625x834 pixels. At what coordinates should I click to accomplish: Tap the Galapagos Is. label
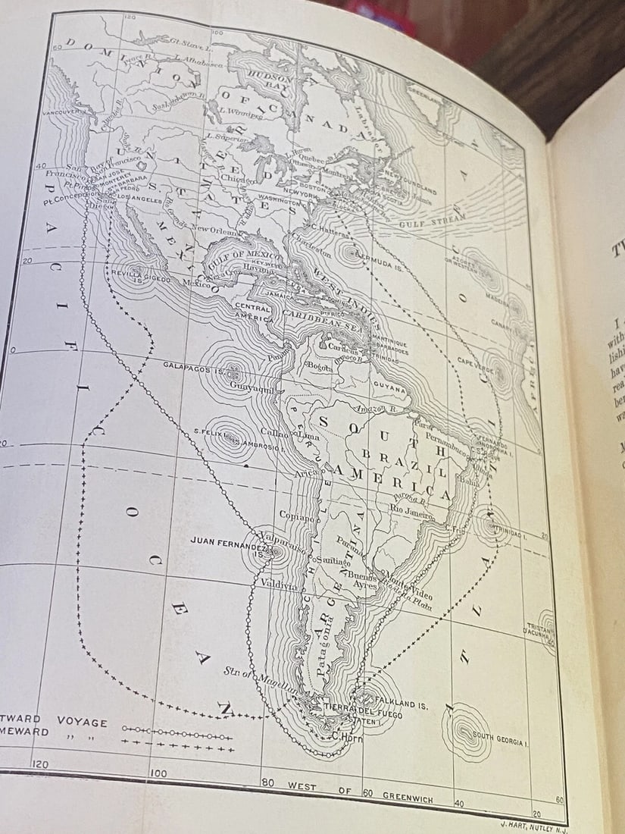tap(194, 367)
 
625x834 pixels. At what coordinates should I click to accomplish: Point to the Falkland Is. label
tap(401, 705)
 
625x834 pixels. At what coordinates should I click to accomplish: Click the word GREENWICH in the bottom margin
tap(408, 794)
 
